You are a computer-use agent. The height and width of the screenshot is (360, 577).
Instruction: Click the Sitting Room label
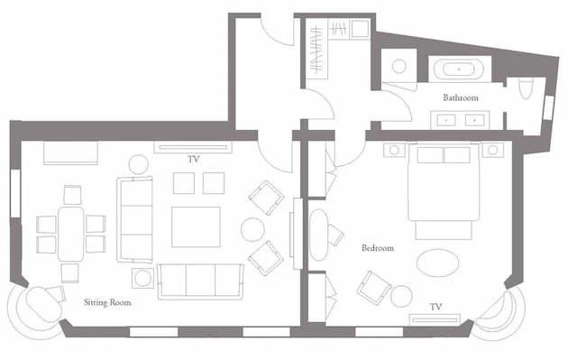[x=107, y=302]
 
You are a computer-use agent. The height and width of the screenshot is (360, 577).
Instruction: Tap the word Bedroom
[x=378, y=248]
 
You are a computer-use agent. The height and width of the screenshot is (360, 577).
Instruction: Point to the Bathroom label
[x=461, y=97]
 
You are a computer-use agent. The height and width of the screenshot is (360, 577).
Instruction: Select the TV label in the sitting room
[x=194, y=159]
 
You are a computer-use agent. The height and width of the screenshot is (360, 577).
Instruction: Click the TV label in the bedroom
[x=435, y=307]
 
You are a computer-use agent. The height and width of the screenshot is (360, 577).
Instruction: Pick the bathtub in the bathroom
[x=459, y=69]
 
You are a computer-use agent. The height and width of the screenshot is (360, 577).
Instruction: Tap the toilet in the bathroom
[x=527, y=88]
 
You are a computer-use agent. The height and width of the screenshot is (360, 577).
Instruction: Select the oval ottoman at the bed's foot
[x=438, y=263]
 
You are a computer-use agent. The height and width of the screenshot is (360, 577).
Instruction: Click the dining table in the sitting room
[x=70, y=234]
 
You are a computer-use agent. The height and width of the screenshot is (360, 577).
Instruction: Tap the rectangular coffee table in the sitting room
[x=196, y=226]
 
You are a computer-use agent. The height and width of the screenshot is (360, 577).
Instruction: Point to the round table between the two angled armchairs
[x=252, y=230]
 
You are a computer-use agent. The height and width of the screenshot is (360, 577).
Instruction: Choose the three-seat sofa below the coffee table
[x=200, y=281]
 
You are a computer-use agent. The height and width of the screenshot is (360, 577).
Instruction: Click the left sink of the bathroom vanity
[x=446, y=120]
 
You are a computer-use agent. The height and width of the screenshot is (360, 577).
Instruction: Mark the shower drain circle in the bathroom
[x=398, y=67]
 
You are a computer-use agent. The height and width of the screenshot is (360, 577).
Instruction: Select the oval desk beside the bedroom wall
[x=318, y=235]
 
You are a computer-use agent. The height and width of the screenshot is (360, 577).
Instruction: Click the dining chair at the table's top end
[x=72, y=195]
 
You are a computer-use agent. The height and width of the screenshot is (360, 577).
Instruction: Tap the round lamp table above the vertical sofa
[x=139, y=164]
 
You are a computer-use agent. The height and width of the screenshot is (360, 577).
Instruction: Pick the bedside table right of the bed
[x=493, y=150]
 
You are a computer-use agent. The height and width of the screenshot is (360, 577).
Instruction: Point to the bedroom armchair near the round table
[x=374, y=288]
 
